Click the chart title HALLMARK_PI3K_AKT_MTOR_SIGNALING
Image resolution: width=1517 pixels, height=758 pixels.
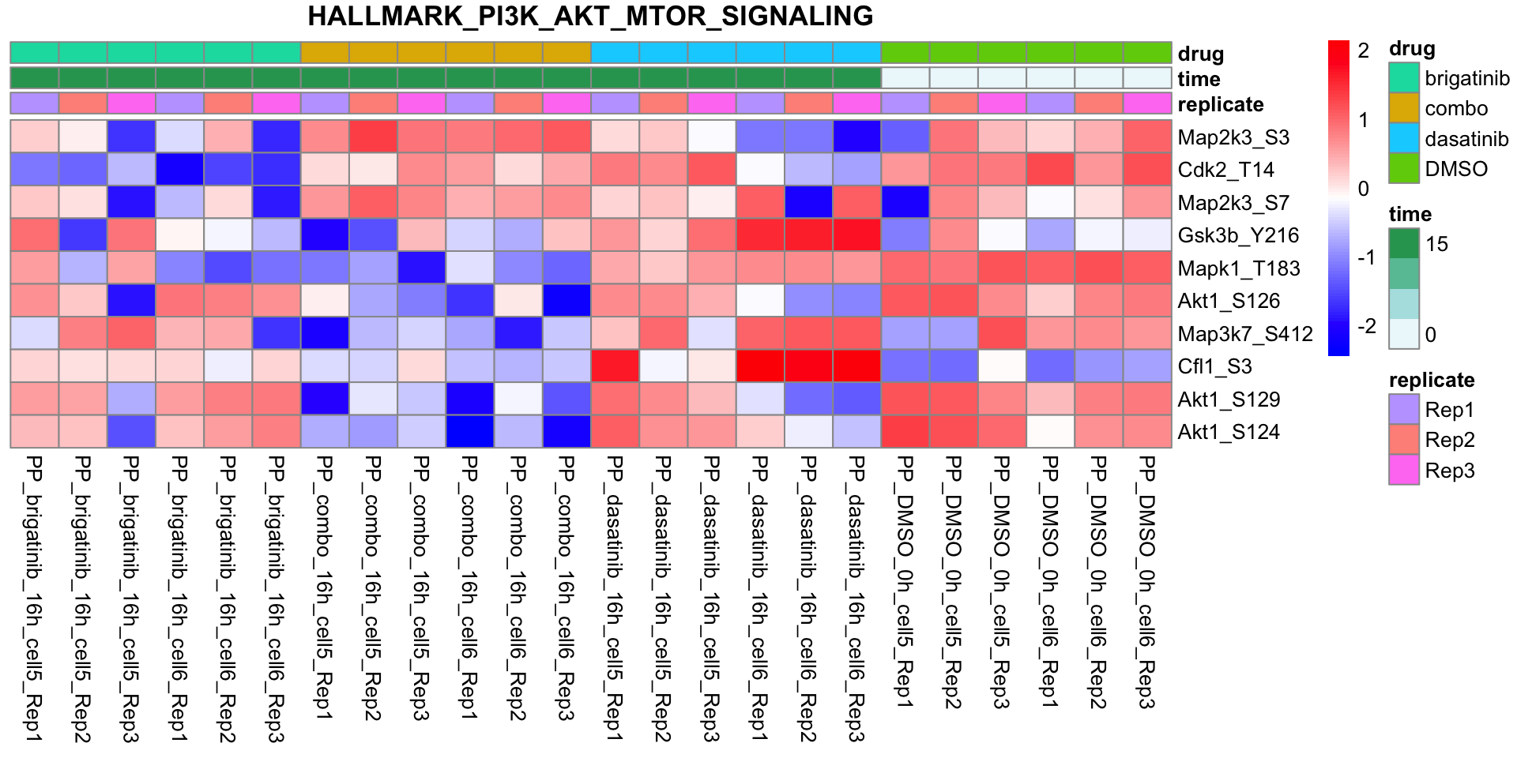pos(590,16)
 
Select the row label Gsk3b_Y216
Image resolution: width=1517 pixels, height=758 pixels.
pos(1238,235)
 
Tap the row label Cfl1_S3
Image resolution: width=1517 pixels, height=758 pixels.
pos(1220,366)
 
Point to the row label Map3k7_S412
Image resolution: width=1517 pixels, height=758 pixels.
pos(1245,334)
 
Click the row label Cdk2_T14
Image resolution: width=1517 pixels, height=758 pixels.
pos(1225,170)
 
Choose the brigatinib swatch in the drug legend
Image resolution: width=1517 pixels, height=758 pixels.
pos(1404,78)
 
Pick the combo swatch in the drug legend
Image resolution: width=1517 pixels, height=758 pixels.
pos(1404,108)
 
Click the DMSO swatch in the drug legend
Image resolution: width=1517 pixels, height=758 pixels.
pos(1404,169)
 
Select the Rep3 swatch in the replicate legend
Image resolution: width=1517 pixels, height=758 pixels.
pos(1404,471)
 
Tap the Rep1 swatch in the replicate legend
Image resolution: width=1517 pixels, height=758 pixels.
pos(1404,410)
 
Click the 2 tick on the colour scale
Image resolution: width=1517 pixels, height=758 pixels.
pos(1364,51)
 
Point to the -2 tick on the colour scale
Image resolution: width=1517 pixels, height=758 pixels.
pos(1367,326)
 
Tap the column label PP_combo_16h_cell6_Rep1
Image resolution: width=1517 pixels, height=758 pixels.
pos(469,587)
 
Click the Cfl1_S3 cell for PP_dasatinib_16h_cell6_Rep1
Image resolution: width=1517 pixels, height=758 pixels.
pos(760,366)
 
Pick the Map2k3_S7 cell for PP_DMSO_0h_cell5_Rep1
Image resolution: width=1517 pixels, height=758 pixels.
pos(905,203)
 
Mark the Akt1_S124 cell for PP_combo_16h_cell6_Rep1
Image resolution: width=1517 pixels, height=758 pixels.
pos(469,432)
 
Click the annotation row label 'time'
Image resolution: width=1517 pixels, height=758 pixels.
pos(1199,79)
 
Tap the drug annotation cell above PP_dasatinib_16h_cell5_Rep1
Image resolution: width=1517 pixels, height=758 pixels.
pos(615,53)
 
